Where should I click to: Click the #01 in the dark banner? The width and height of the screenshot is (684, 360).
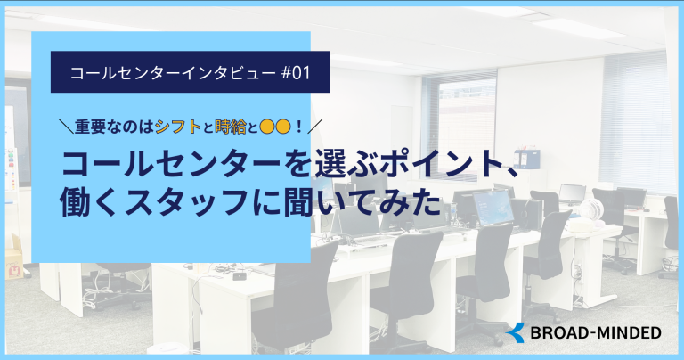(296, 72)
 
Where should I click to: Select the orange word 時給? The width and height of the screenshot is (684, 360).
(231, 127)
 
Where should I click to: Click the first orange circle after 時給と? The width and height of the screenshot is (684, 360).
(266, 127)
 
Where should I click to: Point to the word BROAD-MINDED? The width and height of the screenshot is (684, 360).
(596, 333)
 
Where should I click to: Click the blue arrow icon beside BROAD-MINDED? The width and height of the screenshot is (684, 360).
(516, 333)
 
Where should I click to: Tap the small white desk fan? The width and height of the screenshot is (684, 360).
(591, 210)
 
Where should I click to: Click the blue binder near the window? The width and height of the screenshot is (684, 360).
(526, 159)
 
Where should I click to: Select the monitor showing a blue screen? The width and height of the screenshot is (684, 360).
(493, 208)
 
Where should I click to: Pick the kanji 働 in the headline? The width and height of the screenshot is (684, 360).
(75, 202)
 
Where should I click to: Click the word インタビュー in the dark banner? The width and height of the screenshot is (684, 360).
(228, 72)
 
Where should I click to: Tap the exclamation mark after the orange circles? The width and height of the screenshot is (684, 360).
(299, 127)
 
